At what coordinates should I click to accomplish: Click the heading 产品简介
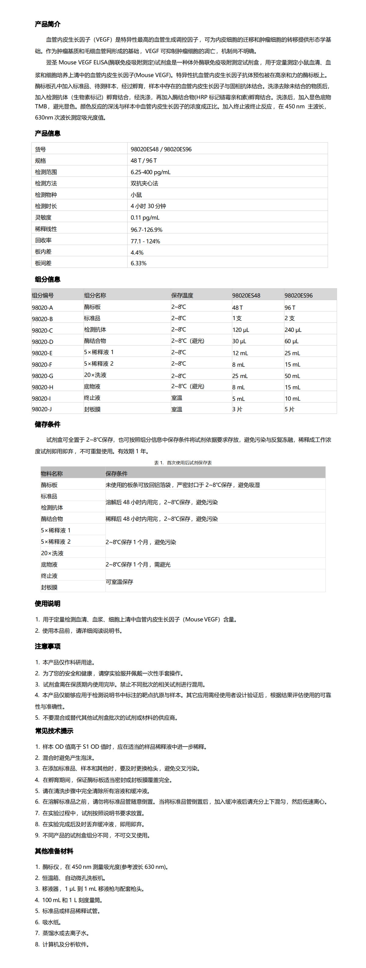[x=47, y=24]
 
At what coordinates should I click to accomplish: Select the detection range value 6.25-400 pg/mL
[x=150, y=172]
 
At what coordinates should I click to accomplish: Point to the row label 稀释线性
[x=46, y=229]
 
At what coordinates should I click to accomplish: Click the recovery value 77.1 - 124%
[x=145, y=241]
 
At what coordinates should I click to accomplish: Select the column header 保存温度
[x=182, y=295]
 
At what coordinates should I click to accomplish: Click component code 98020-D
[x=42, y=342]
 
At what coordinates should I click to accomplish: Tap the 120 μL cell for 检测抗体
[x=241, y=330]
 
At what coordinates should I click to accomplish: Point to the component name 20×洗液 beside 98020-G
[x=95, y=375]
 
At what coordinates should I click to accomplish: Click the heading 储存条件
[x=47, y=424]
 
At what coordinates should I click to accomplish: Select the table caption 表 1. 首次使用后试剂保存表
[x=183, y=462]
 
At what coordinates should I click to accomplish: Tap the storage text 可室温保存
[x=119, y=582]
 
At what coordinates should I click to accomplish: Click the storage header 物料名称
[x=52, y=473]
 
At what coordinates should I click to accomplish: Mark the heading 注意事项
[x=47, y=646]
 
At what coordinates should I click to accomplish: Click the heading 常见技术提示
[x=54, y=731]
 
